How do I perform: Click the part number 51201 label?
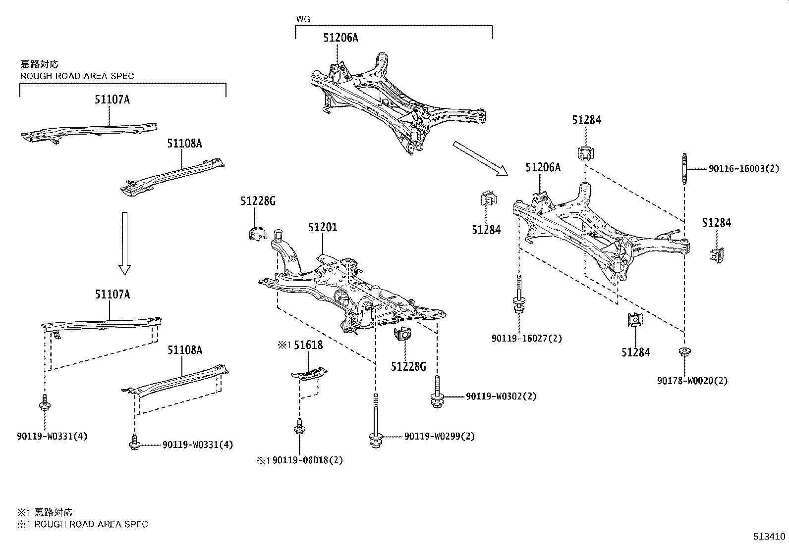(x=323, y=228)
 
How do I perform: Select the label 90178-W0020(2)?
(x=692, y=381)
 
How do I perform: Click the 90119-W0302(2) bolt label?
(x=501, y=396)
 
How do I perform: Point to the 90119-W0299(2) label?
(x=439, y=436)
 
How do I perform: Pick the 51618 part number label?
(x=308, y=345)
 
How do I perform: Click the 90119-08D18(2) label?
(x=307, y=460)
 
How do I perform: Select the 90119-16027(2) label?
(x=527, y=339)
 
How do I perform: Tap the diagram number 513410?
(x=770, y=536)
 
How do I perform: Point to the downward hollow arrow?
(x=124, y=243)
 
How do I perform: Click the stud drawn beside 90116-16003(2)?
(x=685, y=169)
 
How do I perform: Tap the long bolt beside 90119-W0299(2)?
(x=375, y=421)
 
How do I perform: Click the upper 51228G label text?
(x=258, y=201)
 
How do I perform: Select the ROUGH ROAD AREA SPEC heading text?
(x=77, y=76)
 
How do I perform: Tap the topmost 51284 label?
(x=586, y=120)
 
